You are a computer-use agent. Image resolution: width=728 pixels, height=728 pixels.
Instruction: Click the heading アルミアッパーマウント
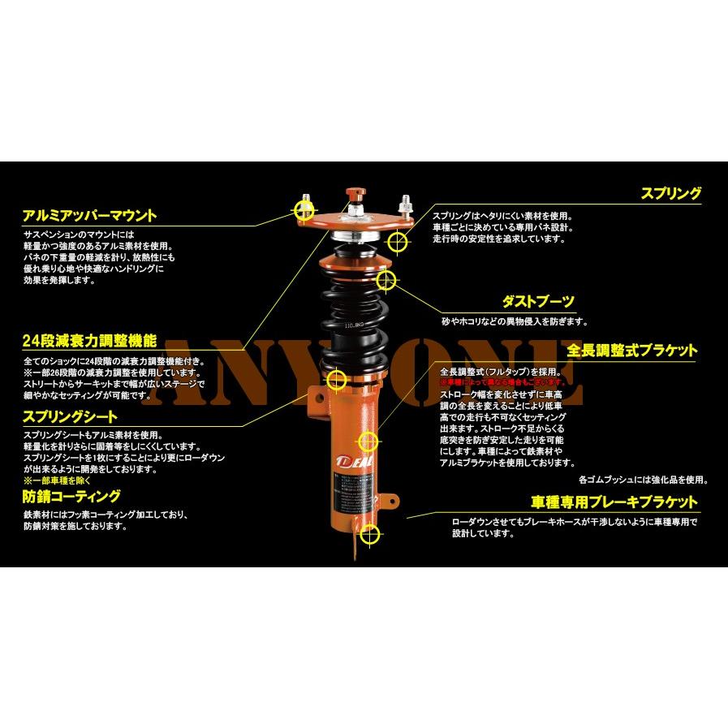pyautogui.click(x=90, y=216)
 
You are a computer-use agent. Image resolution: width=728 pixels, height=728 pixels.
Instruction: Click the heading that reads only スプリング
pyautogui.click(x=670, y=194)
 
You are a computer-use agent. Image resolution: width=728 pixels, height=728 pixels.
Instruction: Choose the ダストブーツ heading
pyautogui.click(x=539, y=302)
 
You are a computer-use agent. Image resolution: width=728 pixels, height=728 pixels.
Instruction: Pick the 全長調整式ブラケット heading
pyautogui.click(x=631, y=351)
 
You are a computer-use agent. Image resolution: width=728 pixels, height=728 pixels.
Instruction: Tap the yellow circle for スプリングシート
pyautogui.click(x=337, y=380)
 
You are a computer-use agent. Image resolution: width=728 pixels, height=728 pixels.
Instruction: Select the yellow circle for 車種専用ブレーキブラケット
pyautogui.click(x=370, y=534)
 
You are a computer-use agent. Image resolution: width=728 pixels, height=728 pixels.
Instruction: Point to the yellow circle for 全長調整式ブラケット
pyautogui.click(x=368, y=441)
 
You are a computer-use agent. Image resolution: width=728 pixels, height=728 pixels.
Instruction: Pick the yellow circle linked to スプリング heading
pyautogui.click(x=397, y=241)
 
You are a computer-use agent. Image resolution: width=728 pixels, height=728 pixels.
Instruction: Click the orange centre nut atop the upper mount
pyautogui.click(x=355, y=196)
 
